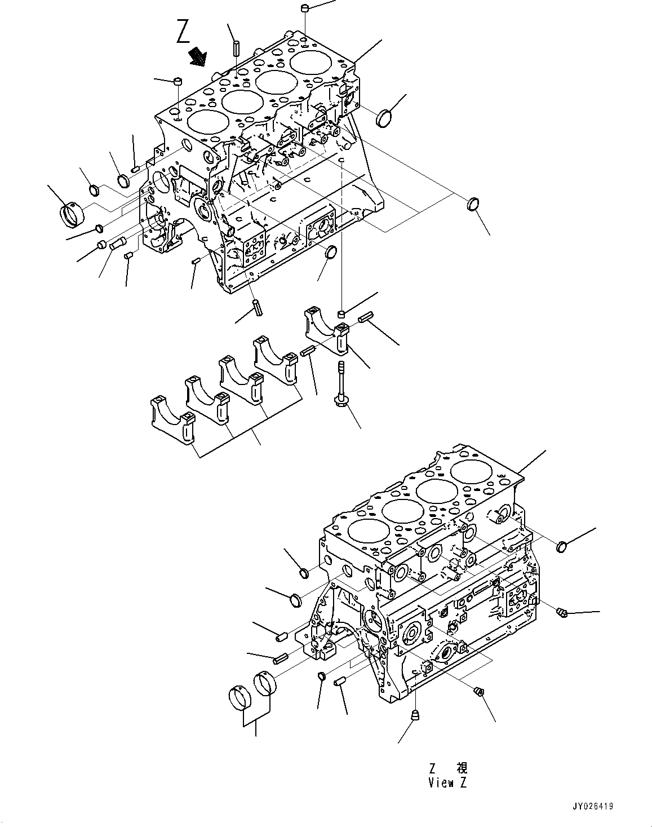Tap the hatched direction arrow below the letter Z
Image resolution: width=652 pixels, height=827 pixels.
197,56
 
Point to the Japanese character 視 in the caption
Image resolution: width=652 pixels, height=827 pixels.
462,768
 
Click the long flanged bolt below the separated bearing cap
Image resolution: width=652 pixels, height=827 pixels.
341,383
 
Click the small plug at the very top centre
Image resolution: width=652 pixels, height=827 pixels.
304,8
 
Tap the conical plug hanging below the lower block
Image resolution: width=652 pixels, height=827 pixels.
416,716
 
